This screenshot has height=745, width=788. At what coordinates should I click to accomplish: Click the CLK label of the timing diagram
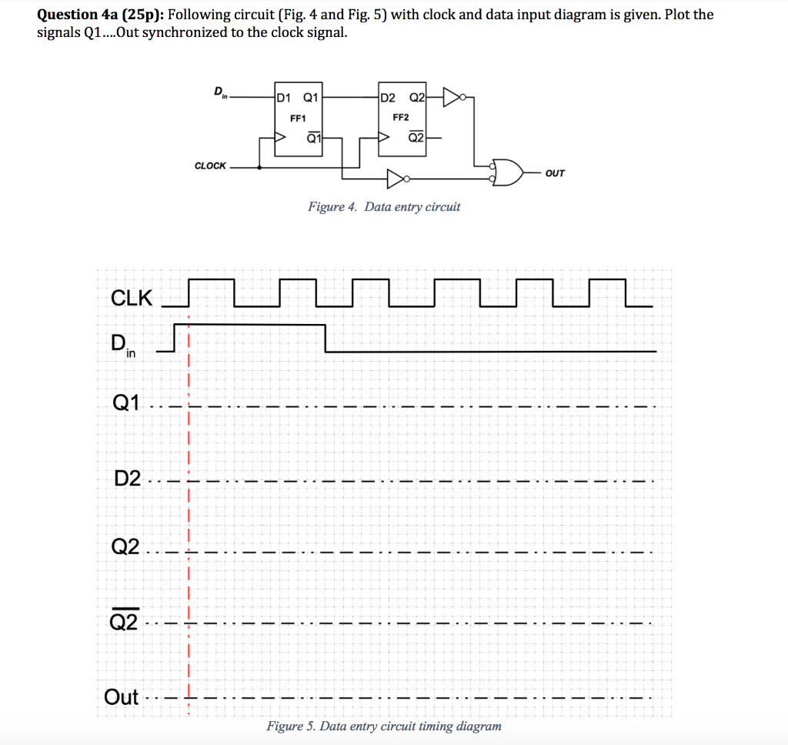[132, 298]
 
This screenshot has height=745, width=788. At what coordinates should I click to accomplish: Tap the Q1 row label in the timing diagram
[126, 403]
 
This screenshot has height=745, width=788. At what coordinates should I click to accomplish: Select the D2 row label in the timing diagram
[127, 479]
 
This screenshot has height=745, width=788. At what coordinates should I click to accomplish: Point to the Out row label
[122, 697]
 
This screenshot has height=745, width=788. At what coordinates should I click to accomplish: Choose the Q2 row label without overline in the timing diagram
[126, 547]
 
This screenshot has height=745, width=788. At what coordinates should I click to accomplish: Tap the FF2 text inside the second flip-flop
[400, 118]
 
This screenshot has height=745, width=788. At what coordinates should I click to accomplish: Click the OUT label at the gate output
[554, 174]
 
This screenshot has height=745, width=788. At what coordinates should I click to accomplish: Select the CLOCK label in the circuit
[210, 165]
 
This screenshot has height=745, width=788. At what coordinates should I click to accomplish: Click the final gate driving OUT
[507, 174]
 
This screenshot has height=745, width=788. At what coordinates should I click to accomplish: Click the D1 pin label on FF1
[283, 98]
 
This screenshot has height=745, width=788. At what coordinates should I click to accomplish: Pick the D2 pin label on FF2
[388, 98]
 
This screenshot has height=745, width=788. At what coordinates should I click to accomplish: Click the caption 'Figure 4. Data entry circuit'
[383, 206]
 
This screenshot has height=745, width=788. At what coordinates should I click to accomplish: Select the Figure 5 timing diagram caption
[383, 726]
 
